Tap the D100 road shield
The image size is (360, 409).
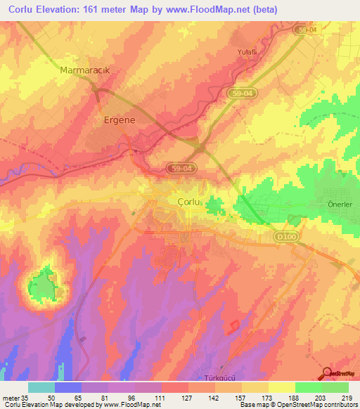285,238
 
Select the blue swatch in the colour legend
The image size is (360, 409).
68,387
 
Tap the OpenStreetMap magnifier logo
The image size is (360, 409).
328,373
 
